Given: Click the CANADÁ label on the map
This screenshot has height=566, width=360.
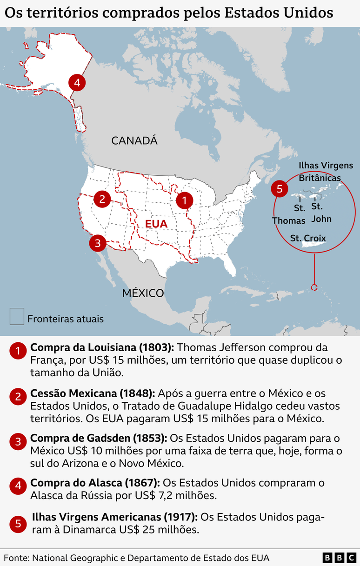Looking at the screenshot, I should [x=134, y=140].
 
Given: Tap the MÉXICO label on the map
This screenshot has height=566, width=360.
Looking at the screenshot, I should [x=143, y=293].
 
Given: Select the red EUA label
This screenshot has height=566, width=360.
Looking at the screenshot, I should [x=156, y=224].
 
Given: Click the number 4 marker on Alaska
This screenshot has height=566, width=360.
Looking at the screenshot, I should [x=77, y=83].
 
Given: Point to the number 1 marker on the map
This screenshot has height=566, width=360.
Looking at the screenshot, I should [x=184, y=201].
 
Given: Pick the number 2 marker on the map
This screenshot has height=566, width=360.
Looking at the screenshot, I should [x=102, y=199].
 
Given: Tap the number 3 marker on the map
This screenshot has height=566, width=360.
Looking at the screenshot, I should [x=97, y=243].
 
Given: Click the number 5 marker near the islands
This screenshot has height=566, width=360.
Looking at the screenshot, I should [x=279, y=189].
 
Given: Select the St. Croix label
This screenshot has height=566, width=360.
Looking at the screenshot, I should [x=308, y=238].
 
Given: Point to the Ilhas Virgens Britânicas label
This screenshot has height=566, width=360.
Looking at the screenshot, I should [x=326, y=172].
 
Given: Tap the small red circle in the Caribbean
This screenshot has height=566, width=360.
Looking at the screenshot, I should [x=314, y=287].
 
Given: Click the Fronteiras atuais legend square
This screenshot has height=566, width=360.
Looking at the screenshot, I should [x=17, y=316].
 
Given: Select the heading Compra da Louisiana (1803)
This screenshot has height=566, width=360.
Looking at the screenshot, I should [x=102, y=347].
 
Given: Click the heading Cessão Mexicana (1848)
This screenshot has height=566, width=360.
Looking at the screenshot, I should [x=92, y=393].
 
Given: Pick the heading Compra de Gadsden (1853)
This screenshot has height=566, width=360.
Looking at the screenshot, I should [x=98, y=438].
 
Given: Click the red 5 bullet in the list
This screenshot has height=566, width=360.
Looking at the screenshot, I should [x=18, y=524].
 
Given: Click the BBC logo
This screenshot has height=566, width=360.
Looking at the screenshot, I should [x=339, y=558].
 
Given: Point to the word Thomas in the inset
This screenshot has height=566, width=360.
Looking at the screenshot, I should [x=289, y=220].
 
